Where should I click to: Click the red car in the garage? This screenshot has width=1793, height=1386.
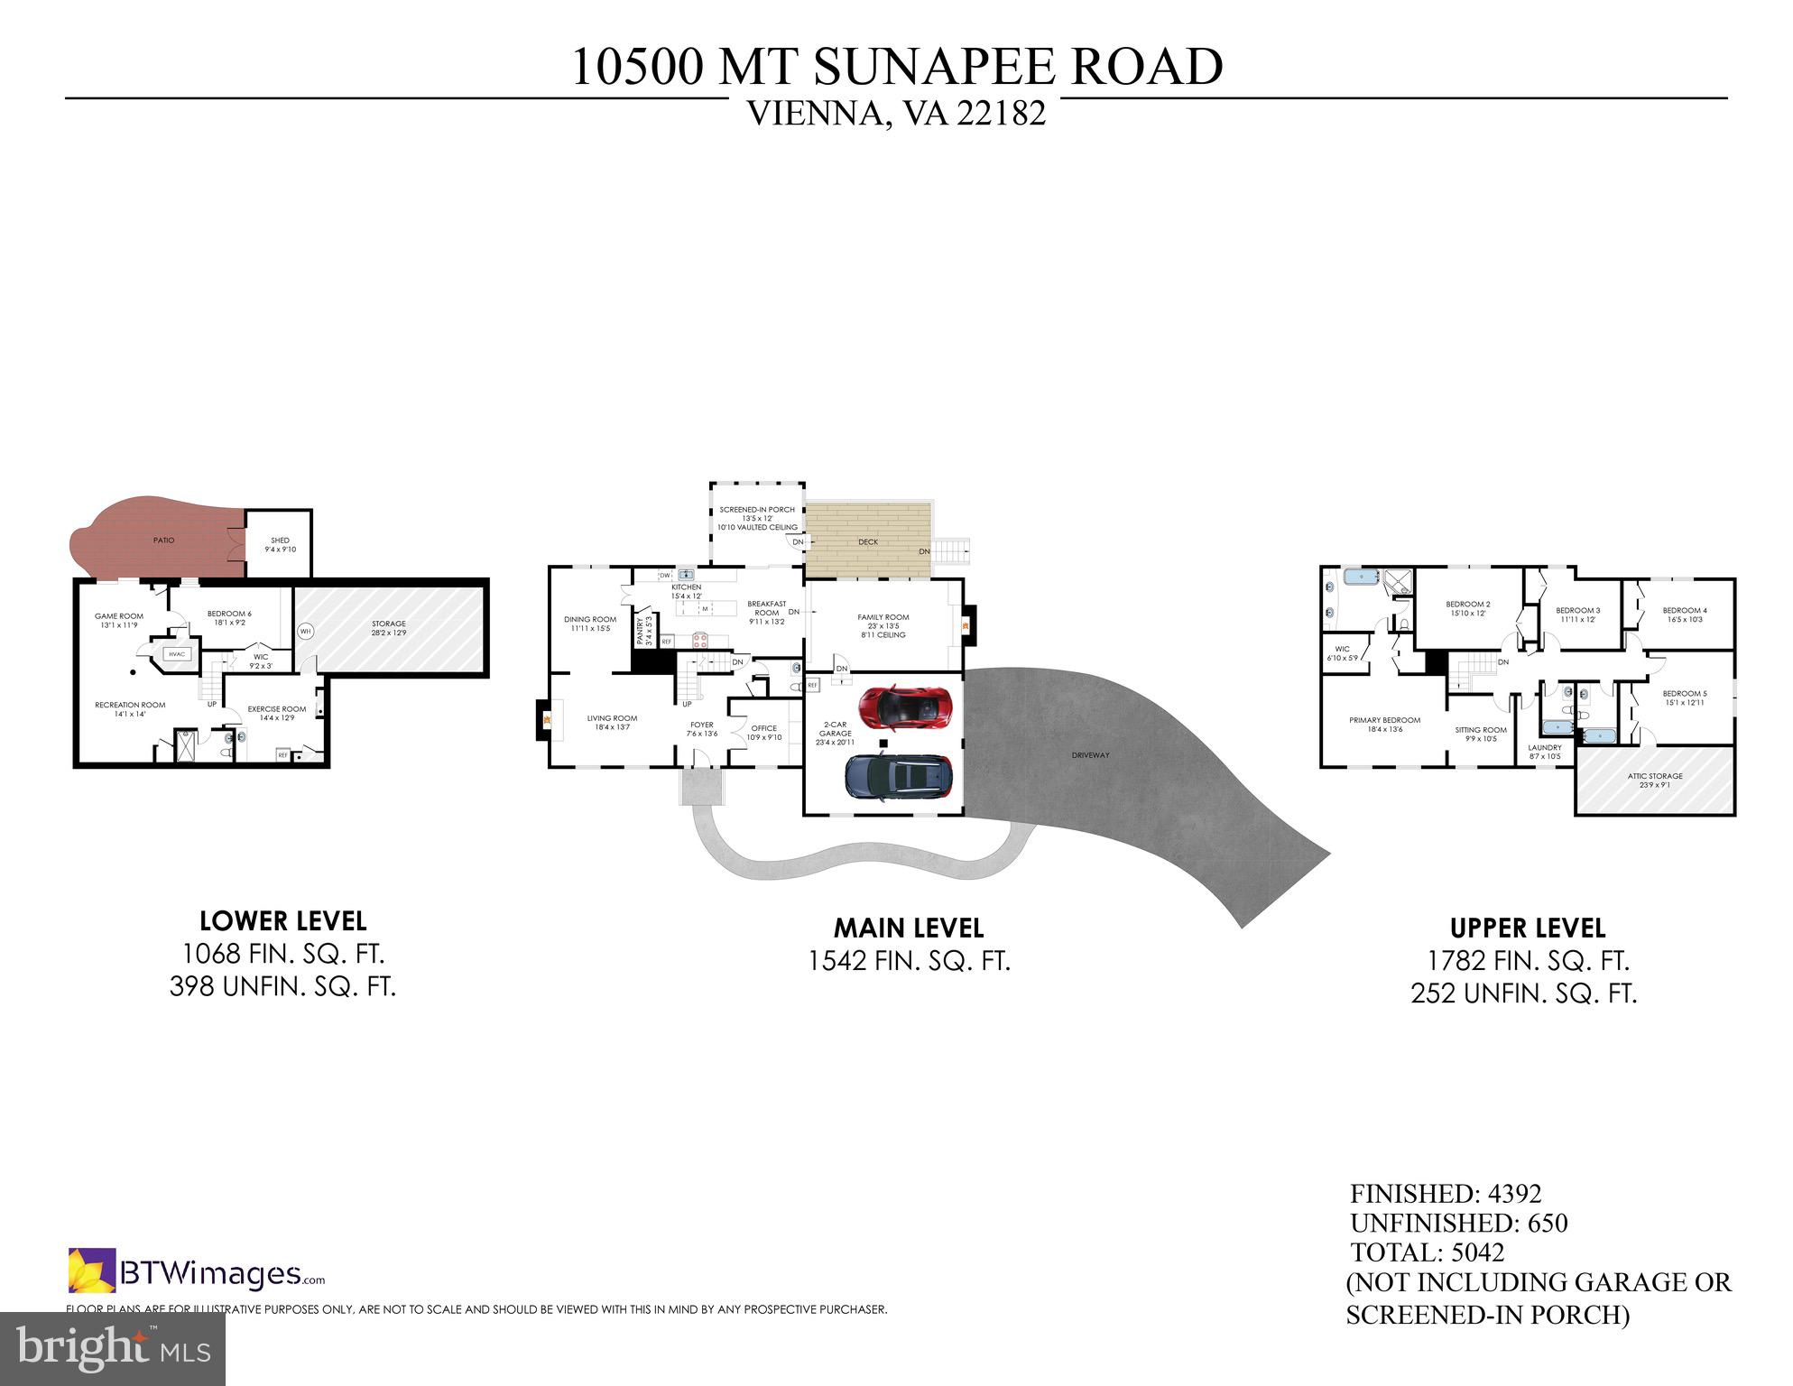tap(905, 708)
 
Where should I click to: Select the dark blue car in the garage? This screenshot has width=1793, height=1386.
tap(899, 777)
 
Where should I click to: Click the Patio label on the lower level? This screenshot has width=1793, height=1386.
tap(163, 541)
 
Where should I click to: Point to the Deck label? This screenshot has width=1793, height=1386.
tap(868, 542)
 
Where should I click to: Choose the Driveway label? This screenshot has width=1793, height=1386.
tap(1091, 755)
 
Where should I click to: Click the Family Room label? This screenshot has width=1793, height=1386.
tap(883, 618)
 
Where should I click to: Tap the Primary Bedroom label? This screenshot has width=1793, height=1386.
tap(1384, 720)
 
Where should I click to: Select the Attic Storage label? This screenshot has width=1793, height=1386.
tap(1655, 776)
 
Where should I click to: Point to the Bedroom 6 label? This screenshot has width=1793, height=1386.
tap(229, 614)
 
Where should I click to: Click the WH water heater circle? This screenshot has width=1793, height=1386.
tap(306, 631)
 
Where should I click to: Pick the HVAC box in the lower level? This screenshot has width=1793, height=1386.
tap(176, 655)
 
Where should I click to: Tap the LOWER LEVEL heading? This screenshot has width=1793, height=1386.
tap(282, 921)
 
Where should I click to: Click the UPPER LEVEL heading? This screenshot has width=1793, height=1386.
tap(1527, 929)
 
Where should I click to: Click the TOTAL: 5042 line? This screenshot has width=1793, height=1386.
tap(1427, 1252)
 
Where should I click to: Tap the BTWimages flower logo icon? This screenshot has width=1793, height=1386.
tap(92, 1270)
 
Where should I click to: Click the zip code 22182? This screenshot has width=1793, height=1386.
tap(1001, 115)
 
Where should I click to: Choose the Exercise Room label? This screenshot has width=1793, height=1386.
tap(277, 709)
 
